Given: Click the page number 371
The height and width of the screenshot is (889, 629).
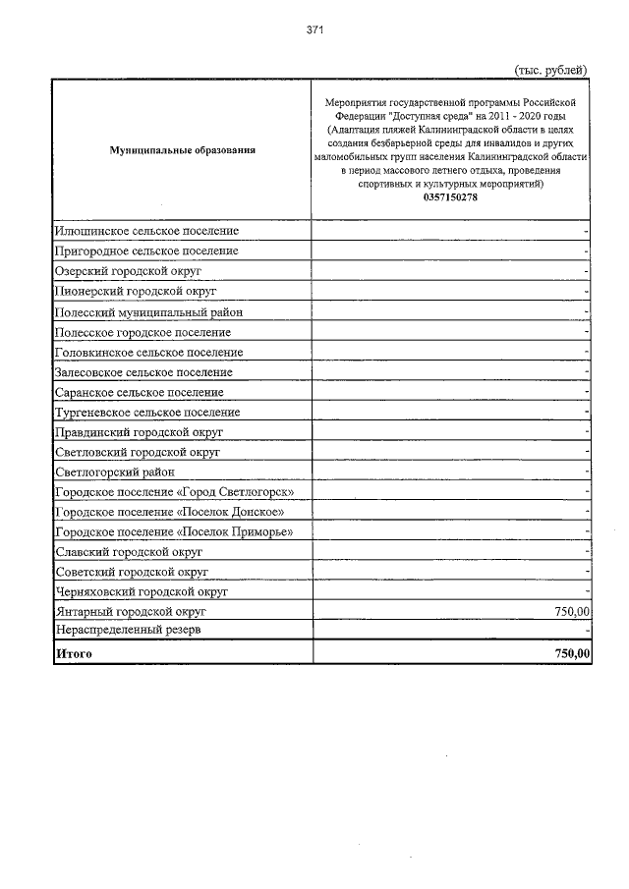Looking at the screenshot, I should (x=314, y=31).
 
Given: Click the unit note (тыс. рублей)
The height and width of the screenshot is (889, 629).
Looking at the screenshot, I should (x=550, y=69).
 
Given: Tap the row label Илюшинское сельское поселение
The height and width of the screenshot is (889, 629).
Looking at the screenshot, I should (x=147, y=231).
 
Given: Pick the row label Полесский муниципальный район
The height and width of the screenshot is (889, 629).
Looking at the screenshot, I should (x=149, y=312).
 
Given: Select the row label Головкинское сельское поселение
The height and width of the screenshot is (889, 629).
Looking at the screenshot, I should (x=149, y=353).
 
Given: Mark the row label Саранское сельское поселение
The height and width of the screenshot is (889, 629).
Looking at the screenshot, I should (x=140, y=393).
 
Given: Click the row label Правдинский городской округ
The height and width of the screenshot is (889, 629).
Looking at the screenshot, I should (x=140, y=432).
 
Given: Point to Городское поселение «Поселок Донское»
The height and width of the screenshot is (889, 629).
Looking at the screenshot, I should (x=171, y=513).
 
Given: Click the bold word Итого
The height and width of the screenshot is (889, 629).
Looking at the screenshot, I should (x=75, y=653).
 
